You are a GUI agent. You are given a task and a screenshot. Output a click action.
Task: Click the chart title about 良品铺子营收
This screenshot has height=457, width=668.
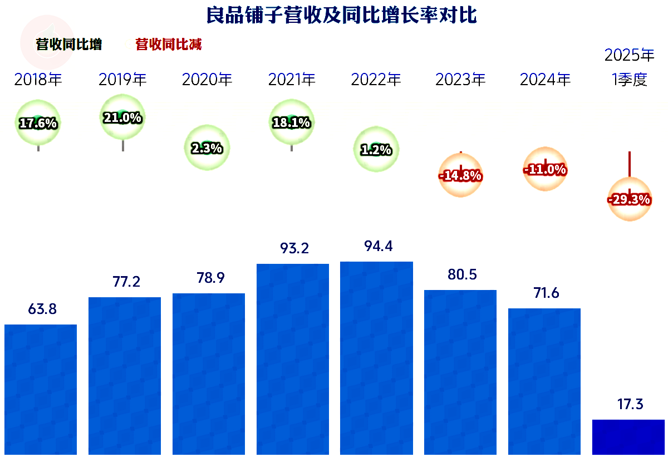point(341,15)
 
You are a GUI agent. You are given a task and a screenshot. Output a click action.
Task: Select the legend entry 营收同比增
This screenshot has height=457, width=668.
point(69,45)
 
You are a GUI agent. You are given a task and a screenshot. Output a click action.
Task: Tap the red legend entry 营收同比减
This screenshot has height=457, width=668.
point(169,45)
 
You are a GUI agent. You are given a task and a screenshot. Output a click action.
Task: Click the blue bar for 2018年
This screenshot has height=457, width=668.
point(41,389)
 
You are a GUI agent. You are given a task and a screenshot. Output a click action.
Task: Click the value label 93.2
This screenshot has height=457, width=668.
point(292,249)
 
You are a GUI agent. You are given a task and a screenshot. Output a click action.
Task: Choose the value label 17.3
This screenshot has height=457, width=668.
point(629,405)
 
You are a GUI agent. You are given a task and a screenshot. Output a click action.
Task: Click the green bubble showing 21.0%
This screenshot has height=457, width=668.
point(122,117)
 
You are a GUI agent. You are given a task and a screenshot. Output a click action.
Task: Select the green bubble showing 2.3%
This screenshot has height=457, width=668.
point(207,148)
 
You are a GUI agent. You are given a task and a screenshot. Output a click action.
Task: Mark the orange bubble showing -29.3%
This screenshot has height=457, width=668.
point(629,199)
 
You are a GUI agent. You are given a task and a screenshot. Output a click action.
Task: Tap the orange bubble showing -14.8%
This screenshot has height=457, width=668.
point(460,175)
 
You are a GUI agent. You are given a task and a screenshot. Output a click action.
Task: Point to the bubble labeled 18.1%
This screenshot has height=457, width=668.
point(292,122)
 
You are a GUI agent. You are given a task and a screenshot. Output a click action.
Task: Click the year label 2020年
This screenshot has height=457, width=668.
point(207,80)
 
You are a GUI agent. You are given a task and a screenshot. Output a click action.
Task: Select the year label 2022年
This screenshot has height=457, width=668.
point(376,80)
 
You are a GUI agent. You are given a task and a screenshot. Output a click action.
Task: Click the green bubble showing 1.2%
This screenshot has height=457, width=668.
point(376,149)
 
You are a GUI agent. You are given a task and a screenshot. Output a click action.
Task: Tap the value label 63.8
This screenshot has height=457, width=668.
point(42,309)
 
